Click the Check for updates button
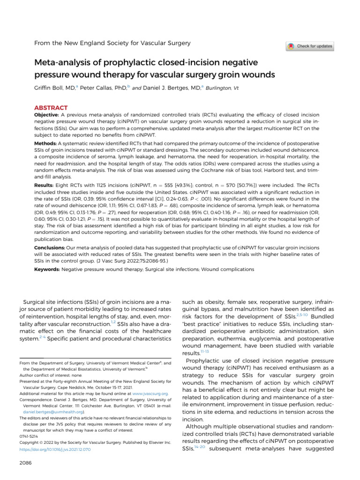pyautogui.click(x=310, y=46)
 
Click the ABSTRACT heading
pyautogui.click(x=51, y=107)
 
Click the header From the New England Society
pyautogui.click(x=113, y=43)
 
